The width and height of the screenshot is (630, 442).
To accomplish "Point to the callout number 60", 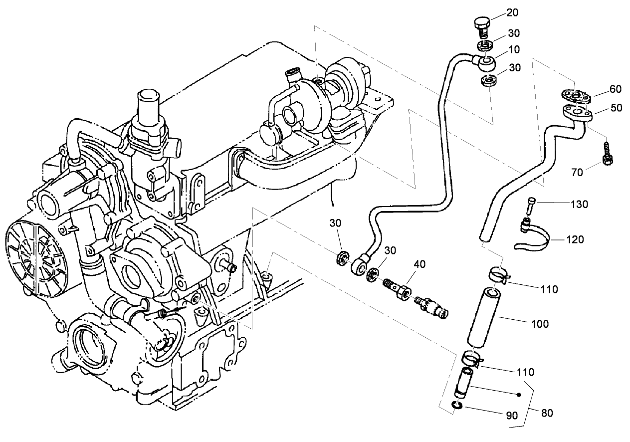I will pyautogui.click(x=616, y=89).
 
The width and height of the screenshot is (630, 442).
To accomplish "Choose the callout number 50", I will pyautogui.click(x=616, y=107).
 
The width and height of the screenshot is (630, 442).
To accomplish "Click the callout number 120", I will pyautogui.click(x=575, y=239).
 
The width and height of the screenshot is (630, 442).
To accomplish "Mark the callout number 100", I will pyautogui.click(x=539, y=324).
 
